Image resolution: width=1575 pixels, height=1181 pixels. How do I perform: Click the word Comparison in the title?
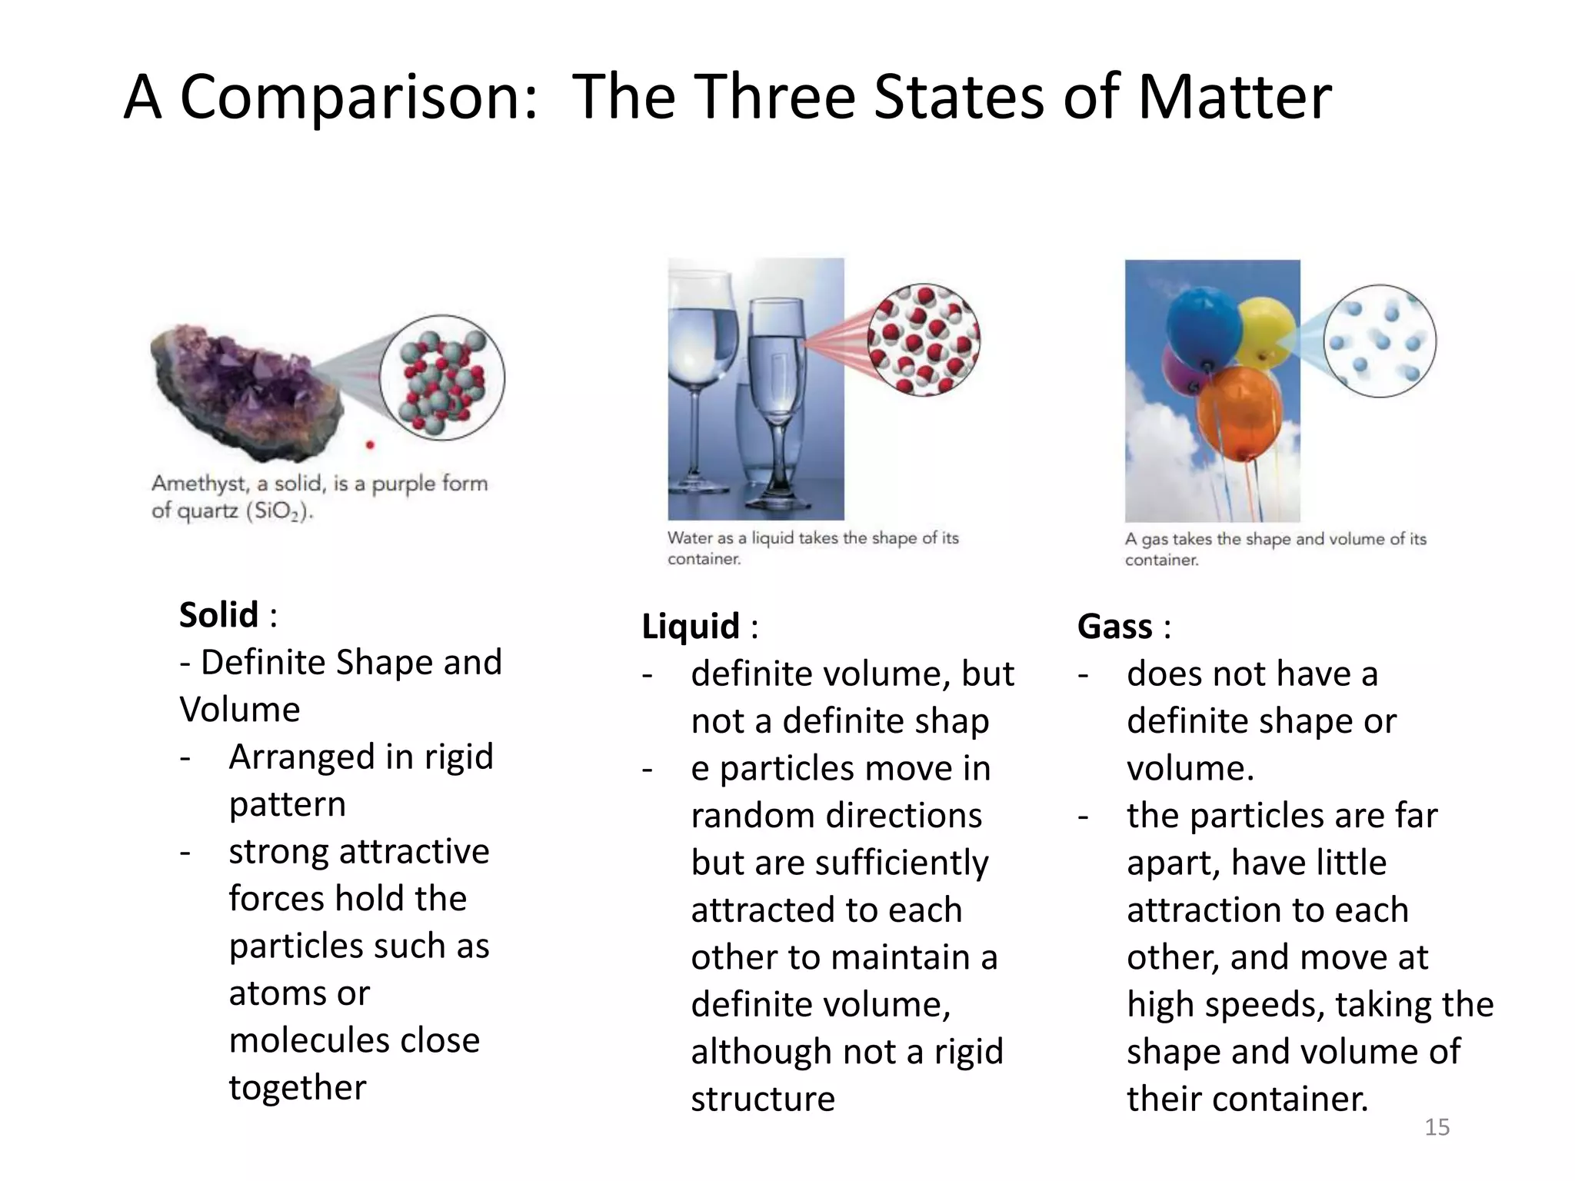coord(358,98)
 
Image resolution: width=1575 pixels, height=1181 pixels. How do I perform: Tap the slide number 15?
coord(1437,1127)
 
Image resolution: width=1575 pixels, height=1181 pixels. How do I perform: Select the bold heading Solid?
coord(218,615)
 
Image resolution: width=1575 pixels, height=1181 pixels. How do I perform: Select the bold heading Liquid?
coord(691,626)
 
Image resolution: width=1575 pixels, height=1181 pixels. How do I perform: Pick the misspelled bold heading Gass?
coord(1114,626)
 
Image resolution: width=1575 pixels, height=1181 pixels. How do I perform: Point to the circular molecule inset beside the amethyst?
coord(442,378)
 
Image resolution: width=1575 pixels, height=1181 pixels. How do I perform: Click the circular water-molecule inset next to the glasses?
coord(924,339)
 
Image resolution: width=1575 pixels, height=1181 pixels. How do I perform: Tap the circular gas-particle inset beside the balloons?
coord(1380,341)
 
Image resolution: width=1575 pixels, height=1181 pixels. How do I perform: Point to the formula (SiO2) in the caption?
coord(280,511)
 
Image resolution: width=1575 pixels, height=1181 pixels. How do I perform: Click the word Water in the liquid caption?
coord(689,538)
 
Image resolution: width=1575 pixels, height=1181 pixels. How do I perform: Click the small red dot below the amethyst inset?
coord(370,444)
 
